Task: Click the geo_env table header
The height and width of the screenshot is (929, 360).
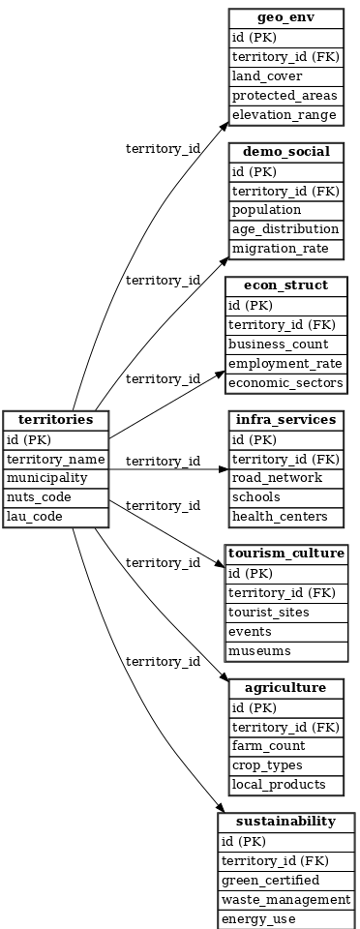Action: pyautogui.click(x=285, y=18)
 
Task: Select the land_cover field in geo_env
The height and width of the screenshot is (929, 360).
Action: pyautogui.click(x=285, y=75)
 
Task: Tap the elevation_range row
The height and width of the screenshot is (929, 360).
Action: pyautogui.click(x=285, y=114)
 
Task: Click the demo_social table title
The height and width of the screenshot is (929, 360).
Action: pyautogui.click(x=285, y=152)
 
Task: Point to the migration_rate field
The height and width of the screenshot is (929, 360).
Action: pyautogui.click(x=285, y=249)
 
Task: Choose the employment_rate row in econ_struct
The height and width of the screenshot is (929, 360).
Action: pyautogui.click(x=285, y=363)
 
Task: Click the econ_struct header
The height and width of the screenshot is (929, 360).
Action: pyautogui.click(x=285, y=285)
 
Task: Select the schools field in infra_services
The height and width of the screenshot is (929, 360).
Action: pyautogui.click(x=285, y=496)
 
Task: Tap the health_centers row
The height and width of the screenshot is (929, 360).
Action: pyautogui.click(x=285, y=516)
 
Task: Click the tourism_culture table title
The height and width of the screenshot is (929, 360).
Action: pyautogui.click(x=285, y=554)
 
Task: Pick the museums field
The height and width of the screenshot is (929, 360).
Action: pyautogui.click(x=285, y=650)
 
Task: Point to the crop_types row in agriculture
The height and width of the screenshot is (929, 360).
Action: pyautogui.click(x=285, y=764)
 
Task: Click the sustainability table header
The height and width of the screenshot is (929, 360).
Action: pyautogui.click(x=285, y=822)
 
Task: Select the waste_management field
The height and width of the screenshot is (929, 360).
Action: pyautogui.click(x=285, y=899)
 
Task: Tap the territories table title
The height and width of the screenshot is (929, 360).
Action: pyautogui.click(x=55, y=420)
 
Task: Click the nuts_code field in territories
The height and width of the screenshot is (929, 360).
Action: pyautogui.click(x=55, y=496)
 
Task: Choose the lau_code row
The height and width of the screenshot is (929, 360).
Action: pyautogui.click(x=55, y=516)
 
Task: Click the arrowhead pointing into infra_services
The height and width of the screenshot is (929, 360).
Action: pyautogui.click(x=224, y=469)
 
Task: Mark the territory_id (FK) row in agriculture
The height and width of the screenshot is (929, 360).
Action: pyautogui.click(x=285, y=727)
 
